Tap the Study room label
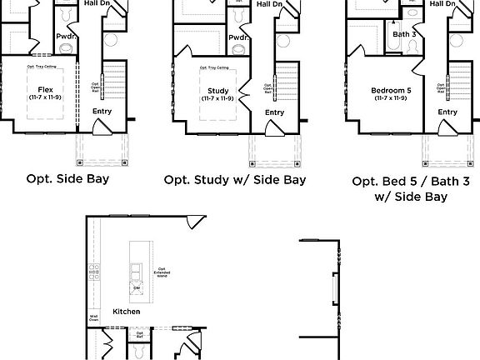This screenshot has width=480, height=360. point(217,90)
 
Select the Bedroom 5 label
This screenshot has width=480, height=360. point(390,90)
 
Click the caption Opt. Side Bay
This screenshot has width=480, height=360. point(67,178)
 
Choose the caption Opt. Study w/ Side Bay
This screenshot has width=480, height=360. point(235,179)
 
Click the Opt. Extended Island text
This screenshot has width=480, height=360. point(162,271)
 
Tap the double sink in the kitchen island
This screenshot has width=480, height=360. point(135,271)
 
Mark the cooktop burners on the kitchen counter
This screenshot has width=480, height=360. point(94,271)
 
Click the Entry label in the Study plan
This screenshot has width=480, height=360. point(274,112)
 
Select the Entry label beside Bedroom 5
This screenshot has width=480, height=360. point(447,112)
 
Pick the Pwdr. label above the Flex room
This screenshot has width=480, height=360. point(67,37)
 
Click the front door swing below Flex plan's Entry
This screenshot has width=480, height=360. point(101,127)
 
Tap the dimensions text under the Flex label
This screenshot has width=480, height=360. point(44,97)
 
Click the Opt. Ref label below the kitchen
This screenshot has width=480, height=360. point(139,335)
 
